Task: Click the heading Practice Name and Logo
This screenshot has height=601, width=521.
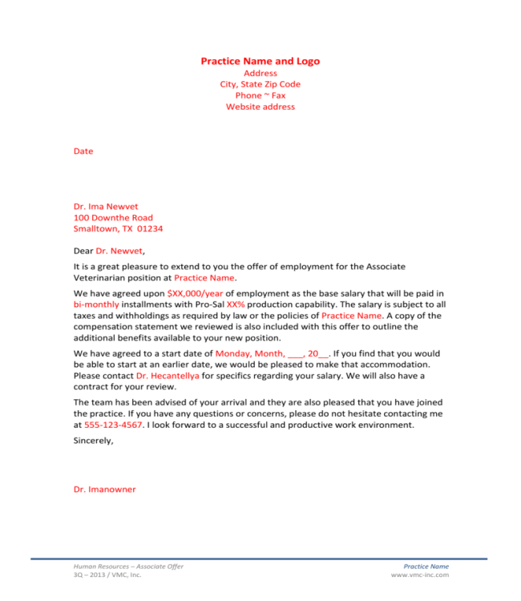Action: click(x=260, y=61)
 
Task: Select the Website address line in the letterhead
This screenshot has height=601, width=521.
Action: click(x=260, y=107)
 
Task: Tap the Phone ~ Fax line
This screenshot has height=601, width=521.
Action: click(x=260, y=95)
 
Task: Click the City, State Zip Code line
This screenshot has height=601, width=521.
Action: click(x=260, y=84)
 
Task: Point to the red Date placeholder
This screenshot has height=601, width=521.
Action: click(x=83, y=151)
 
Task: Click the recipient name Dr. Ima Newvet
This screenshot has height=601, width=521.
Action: click(x=106, y=207)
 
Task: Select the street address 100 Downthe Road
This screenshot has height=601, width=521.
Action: click(x=113, y=218)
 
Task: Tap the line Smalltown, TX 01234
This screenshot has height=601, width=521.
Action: click(x=118, y=229)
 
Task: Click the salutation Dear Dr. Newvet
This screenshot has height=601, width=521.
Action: click(x=109, y=252)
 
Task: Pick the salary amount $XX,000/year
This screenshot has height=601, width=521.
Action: click(x=201, y=293)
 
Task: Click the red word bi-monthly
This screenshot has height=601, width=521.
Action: click(x=96, y=305)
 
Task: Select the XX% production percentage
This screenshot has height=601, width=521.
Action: click(x=236, y=305)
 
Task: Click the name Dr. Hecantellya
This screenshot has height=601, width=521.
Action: click(x=168, y=375)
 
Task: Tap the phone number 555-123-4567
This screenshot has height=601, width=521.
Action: click(x=113, y=425)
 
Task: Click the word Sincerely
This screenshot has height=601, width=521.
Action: click(x=93, y=440)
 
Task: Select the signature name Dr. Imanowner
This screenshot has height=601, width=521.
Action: click(x=105, y=489)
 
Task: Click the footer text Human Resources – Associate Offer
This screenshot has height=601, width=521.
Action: click(x=128, y=567)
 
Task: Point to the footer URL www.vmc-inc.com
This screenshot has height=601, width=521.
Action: click(x=419, y=575)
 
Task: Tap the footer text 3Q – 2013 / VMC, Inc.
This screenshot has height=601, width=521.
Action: click(x=107, y=575)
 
